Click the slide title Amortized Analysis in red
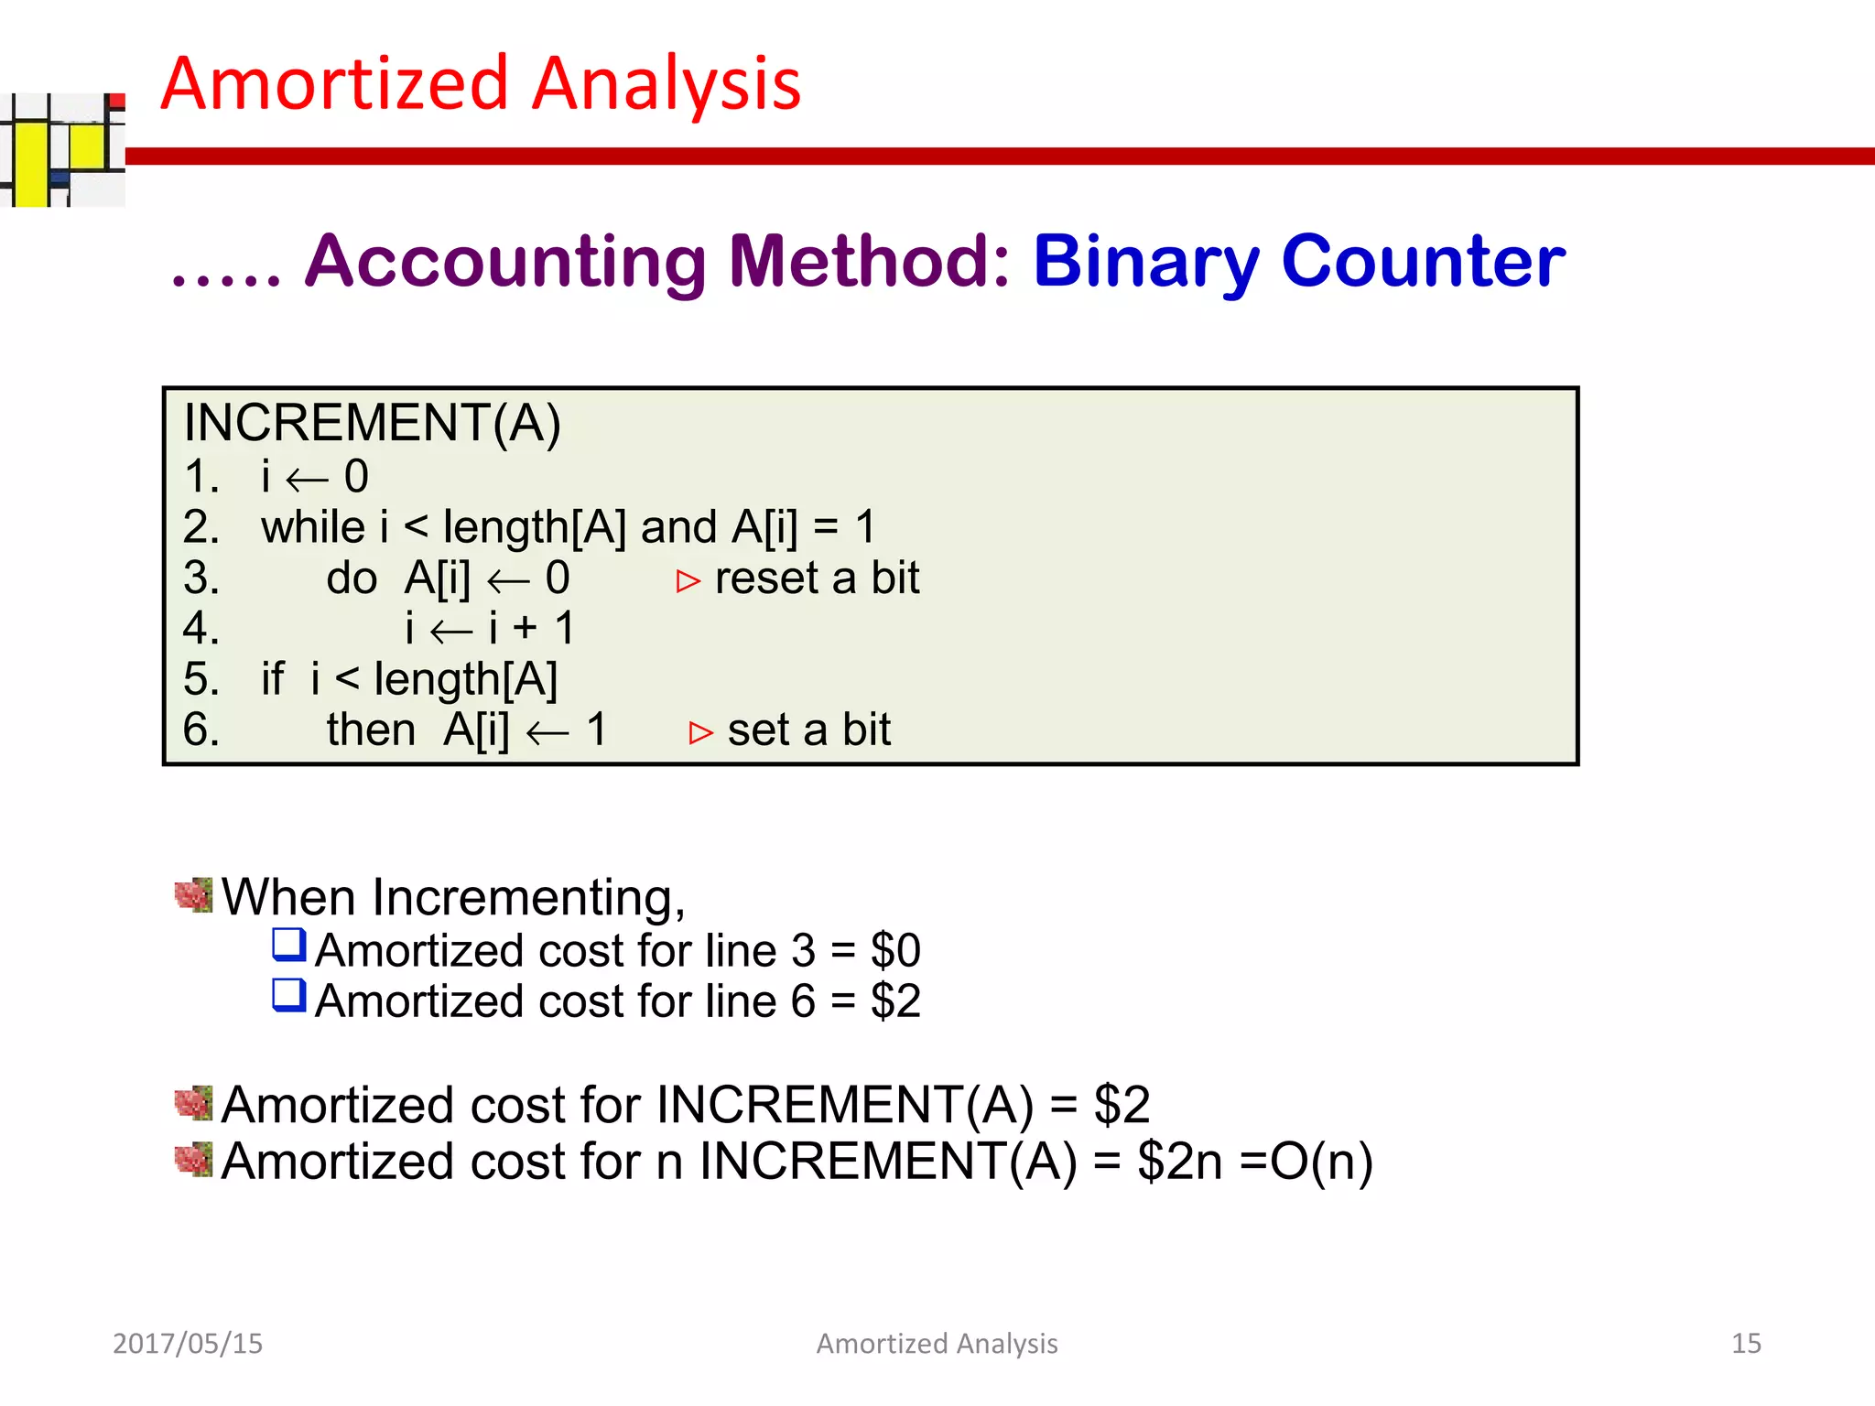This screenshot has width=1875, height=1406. (x=481, y=84)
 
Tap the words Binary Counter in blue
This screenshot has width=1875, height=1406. (x=1298, y=261)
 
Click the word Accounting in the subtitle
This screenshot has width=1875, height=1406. (x=505, y=261)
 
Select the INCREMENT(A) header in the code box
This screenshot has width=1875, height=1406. (x=372, y=423)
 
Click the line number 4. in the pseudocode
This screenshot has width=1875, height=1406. (x=201, y=629)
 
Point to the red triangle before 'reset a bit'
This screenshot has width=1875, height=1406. (x=688, y=581)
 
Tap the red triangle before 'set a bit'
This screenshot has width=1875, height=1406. (x=700, y=733)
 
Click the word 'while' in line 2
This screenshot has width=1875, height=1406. (x=312, y=527)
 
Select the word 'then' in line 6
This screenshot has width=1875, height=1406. (x=371, y=730)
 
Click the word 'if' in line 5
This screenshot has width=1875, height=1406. (x=272, y=679)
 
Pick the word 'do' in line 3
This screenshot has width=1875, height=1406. (x=352, y=579)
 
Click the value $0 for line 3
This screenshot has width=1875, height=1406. (x=894, y=950)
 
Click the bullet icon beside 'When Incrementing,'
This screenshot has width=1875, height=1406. (x=193, y=895)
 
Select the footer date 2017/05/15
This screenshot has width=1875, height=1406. (x=187, y=1343)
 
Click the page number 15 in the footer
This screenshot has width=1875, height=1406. (x=1745, y=1343)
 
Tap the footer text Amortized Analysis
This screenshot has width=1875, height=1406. (x=937, y=1343)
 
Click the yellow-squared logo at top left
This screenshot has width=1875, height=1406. (x=60, y=150)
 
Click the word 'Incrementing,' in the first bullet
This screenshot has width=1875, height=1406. (x=528, y=897)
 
